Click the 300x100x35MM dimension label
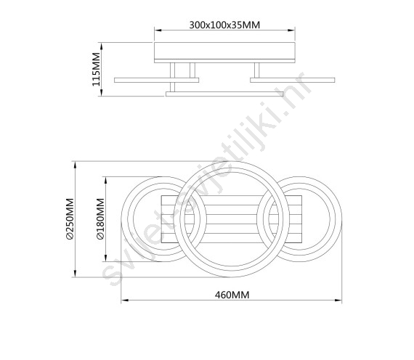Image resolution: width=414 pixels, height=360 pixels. pyautogui.click(x=224, y=25)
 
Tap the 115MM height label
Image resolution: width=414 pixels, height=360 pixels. pyautogui.click(x=97, y=69)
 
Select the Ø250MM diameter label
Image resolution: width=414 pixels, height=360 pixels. pyautogui.click(x=70, y=219)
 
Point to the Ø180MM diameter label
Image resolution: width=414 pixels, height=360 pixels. pyautogui.click(x=101, y=219)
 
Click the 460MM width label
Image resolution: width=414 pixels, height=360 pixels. pyautogui.click(x=232, y=295)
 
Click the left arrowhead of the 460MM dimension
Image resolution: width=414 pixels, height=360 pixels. pyautogui.click(x=125, y=300)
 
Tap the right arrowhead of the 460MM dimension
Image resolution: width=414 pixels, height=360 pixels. pyautogui.click(x=338, y=300)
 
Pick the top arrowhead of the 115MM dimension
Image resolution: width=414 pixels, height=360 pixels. pyautogui.click(x=102, y=46)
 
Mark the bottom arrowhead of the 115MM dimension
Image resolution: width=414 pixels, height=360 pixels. pyautogui.click(x=102, y=92)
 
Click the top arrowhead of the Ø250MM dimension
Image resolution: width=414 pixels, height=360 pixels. pyautogui.click(x=76, y=165)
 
